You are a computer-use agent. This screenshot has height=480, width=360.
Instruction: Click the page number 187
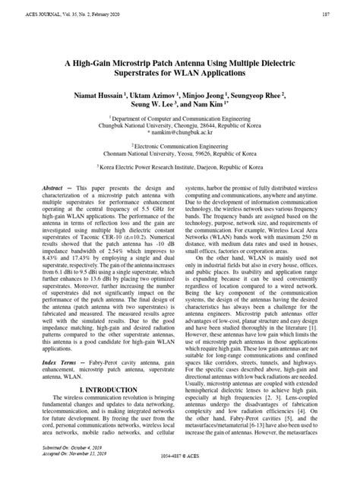(x=346, y=14)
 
